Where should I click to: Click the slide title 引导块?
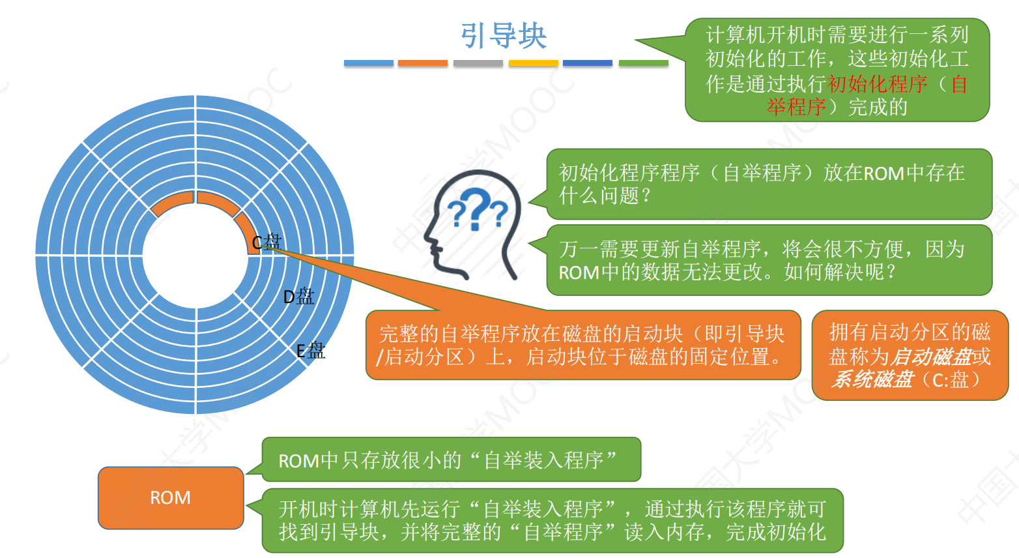tap(504, 35)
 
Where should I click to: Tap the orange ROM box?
tap(171, 497)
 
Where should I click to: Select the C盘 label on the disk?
tap(267, 242)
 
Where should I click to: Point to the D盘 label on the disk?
tap(298, 297)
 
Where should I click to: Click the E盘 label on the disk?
tap(311, 351)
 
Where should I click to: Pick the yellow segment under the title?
tap(533, 63)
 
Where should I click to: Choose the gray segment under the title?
tap(478, 63)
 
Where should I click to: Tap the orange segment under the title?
tap(423, 63)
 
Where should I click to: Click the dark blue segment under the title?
tap(588, 63)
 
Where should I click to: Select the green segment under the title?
tap(644, 63)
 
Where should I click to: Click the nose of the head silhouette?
tap(427, 237)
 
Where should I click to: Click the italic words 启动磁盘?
tap(931, 357)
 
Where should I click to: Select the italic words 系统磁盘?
tap(872, 379)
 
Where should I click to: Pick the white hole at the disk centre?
tap(195, 255)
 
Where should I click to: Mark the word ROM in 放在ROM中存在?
tap(883, 173)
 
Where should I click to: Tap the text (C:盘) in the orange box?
tap(951, 380)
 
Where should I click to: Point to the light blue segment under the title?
tap(369, 63)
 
